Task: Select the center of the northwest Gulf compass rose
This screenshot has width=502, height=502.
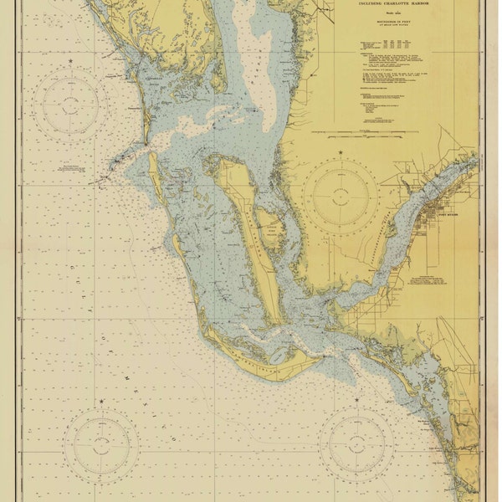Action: point(71,105)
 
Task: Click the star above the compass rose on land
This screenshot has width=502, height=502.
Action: point(341,152)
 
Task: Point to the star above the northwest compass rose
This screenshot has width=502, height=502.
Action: point(71,64)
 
